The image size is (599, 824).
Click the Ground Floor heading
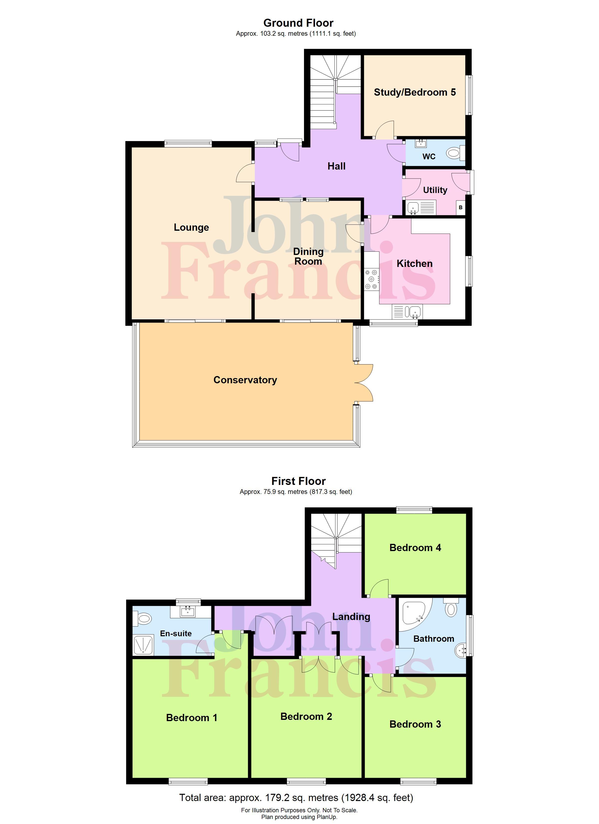click(298, 23)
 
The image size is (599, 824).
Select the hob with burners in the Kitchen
click(371, 279)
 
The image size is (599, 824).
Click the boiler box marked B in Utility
click(460, 207)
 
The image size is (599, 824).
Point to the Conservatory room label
click(245, 380)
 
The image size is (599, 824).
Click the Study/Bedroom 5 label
click(415, 92)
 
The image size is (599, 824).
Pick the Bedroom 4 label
click(415, 548)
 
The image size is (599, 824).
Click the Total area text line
click(296, 798)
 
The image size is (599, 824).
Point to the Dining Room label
click(308, 256)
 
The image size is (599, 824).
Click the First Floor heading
click(298, 481)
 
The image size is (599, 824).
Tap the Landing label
click(351, 617)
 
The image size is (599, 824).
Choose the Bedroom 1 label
click(191, 718)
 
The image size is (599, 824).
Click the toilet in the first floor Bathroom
click(451, 609)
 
